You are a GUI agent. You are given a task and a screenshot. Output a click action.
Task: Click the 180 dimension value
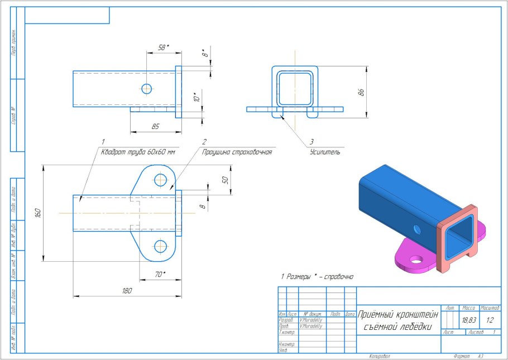pos(127,291)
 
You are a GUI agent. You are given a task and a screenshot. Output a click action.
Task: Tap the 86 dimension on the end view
pos(361,93)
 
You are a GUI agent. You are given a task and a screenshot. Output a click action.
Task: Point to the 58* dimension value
pos(164,48)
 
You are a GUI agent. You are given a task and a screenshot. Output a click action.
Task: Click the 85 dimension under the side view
pos(155,127)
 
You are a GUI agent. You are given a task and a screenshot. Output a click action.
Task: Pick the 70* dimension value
pos(161,274)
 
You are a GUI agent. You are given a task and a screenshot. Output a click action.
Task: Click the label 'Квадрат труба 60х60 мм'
pos(137,152)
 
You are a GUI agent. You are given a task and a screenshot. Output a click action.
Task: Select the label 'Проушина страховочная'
pos(237,152)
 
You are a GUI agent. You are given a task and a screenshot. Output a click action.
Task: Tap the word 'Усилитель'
pos(325,152)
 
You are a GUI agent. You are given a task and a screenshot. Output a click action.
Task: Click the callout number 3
pos(313,142)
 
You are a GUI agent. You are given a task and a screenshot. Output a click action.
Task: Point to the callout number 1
pos(103,142)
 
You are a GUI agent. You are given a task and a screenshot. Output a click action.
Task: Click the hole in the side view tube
pos(146,88)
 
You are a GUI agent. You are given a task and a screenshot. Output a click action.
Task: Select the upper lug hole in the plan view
pos(161,180)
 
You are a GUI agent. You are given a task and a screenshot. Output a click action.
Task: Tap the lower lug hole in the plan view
pos(161,245)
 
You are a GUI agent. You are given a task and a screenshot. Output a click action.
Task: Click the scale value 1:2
pos(490,320)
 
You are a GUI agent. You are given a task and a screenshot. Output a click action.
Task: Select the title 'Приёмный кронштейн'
pos(398,315)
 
